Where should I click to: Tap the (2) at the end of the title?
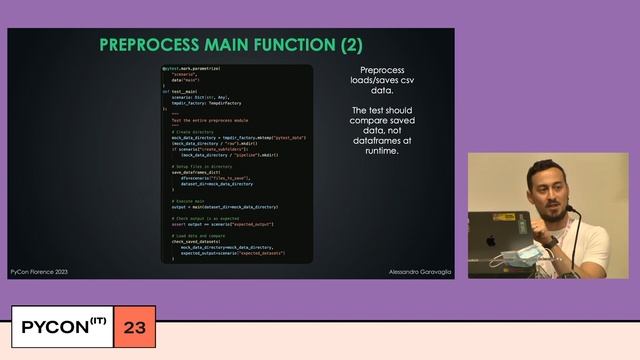point(349,45)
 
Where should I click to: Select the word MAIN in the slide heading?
point(227,45)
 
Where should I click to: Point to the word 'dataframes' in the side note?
point(385,141)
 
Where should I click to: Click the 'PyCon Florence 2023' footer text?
point(39,271)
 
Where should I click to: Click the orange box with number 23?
point(135,327)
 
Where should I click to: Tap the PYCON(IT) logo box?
point(64,327)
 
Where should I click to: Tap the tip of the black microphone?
point(569,211)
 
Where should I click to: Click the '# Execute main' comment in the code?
point(191,201)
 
